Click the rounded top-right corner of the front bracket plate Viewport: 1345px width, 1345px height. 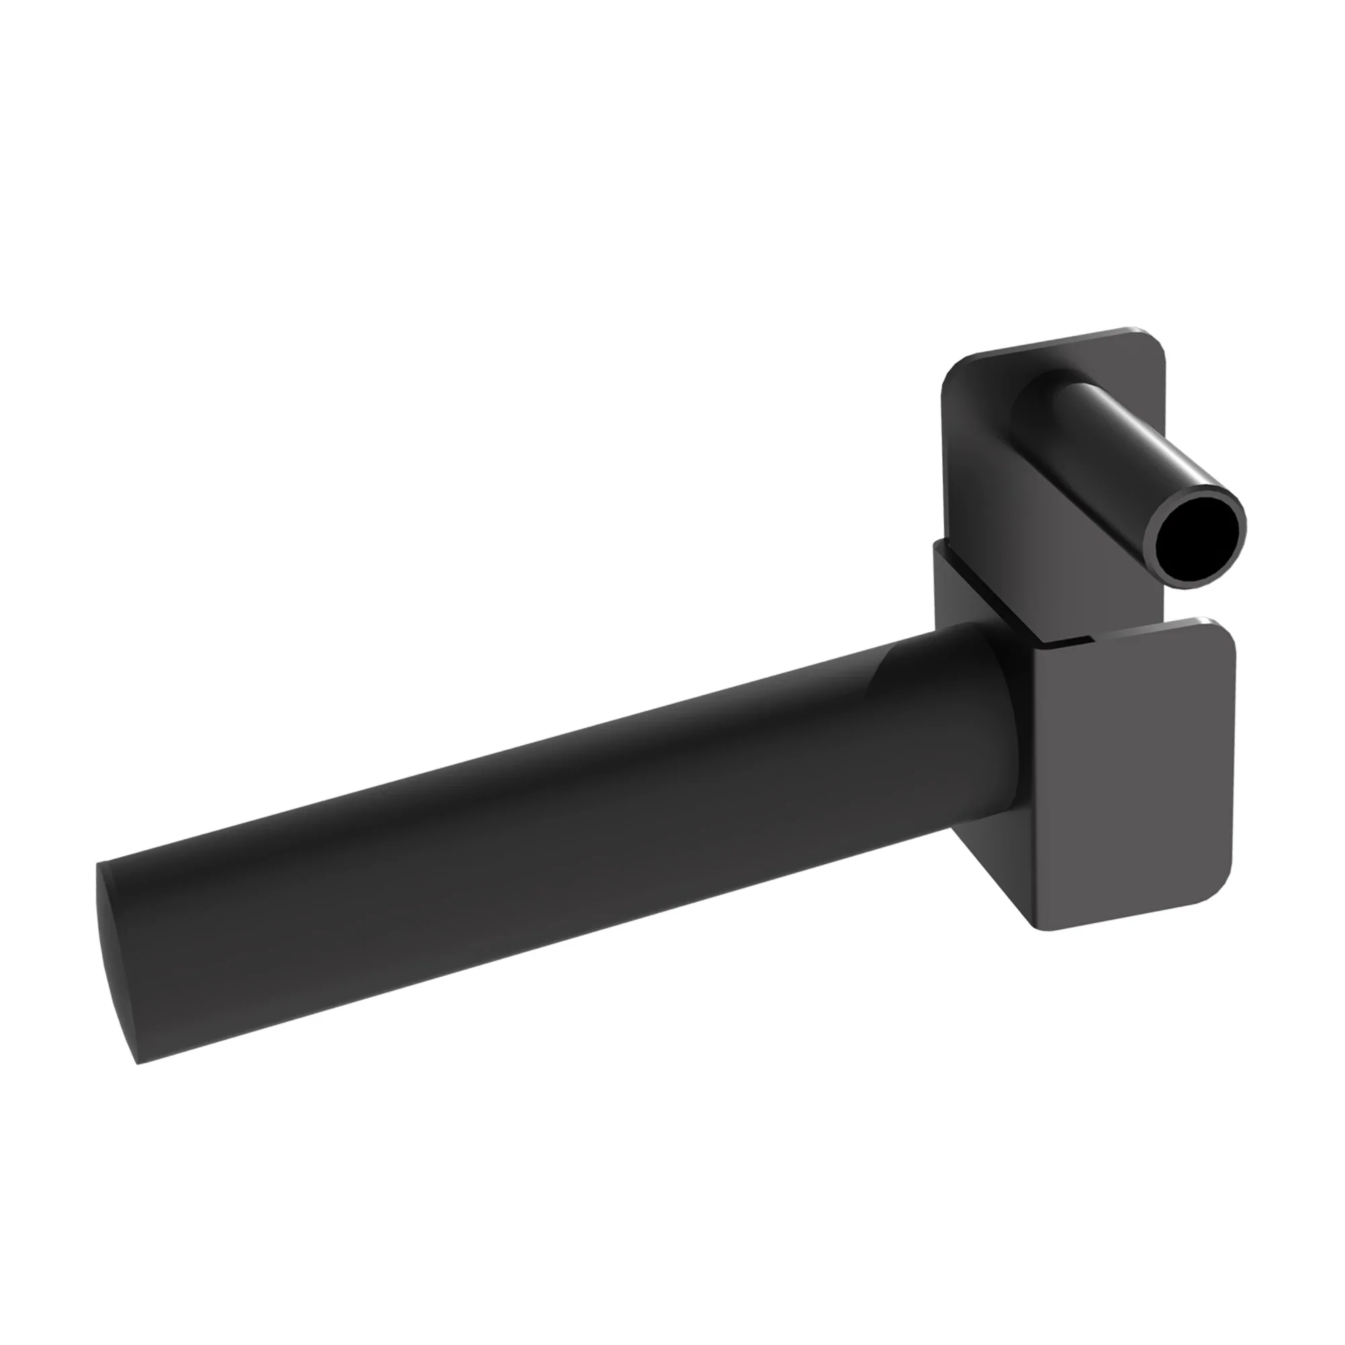(x=1222, y=630)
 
